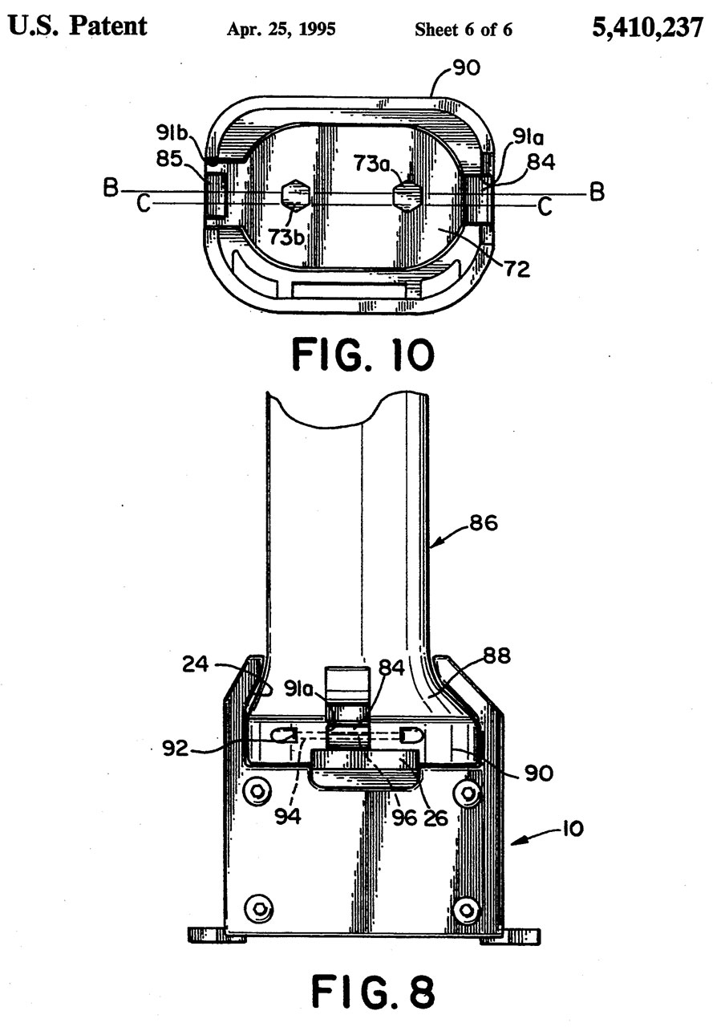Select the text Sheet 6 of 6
pyautogui.click(x=464, y=30)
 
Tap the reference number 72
pyautogui.click(x=517, y=270)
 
